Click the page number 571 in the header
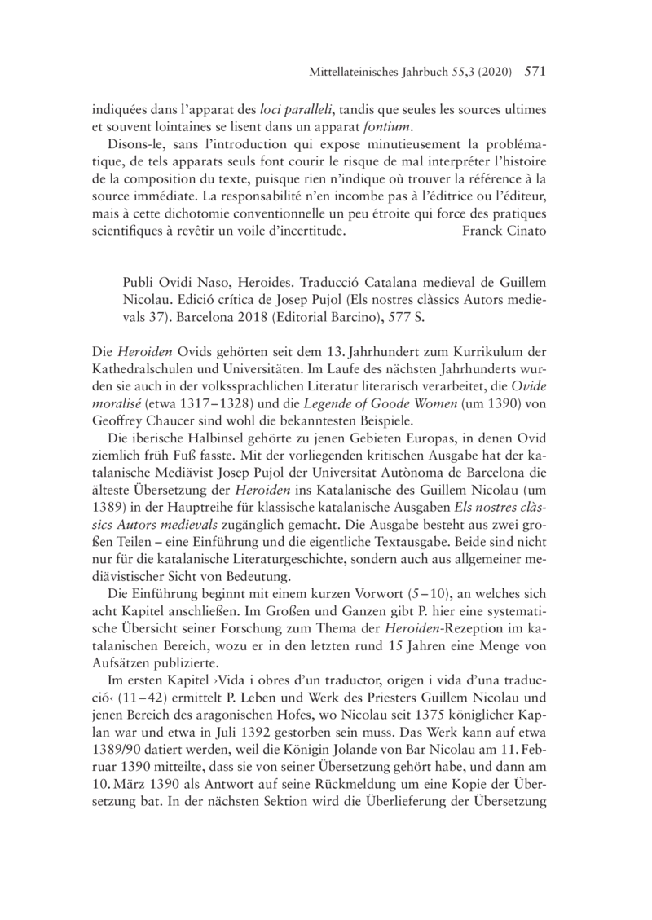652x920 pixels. click(x=535, y=72)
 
